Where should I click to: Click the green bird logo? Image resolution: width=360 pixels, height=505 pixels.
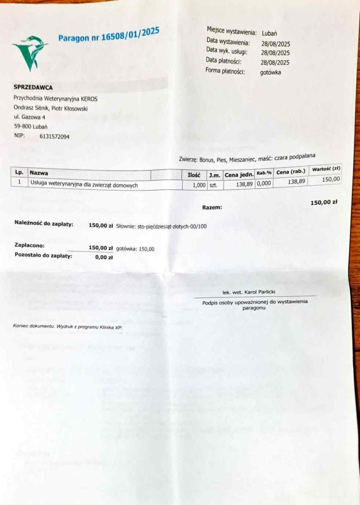pos(29,52)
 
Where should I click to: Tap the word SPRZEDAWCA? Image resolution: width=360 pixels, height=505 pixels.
pos(33,87)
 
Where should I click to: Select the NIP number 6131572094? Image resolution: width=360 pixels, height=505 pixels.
pos(54,137)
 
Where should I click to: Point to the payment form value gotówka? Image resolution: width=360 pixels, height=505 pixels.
pos(271,72)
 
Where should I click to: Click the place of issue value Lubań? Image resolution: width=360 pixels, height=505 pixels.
pos(269,33)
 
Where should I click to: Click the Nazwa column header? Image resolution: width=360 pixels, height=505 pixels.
pos(39,173)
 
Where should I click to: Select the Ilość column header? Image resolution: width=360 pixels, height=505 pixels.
pos(194,175)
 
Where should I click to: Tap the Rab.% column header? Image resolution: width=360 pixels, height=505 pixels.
pos(264,173)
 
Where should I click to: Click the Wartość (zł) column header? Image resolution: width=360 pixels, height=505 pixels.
pos(326,169)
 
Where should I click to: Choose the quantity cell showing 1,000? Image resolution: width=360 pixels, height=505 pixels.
pos(199,185)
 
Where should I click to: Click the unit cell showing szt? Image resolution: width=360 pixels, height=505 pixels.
pos(213,185)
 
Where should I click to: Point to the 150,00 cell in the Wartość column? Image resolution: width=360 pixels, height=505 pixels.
pos(331,179)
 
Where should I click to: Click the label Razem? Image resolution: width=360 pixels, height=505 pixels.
pos(212,207)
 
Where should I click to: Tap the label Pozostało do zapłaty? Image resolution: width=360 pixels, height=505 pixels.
pos(43,256)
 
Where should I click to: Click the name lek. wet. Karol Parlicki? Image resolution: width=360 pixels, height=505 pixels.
pos(249,292)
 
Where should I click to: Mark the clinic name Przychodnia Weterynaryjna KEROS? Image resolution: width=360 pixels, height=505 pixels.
pos(56,99)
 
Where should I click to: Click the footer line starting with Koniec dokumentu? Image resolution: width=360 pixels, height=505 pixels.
pos(67,327)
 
